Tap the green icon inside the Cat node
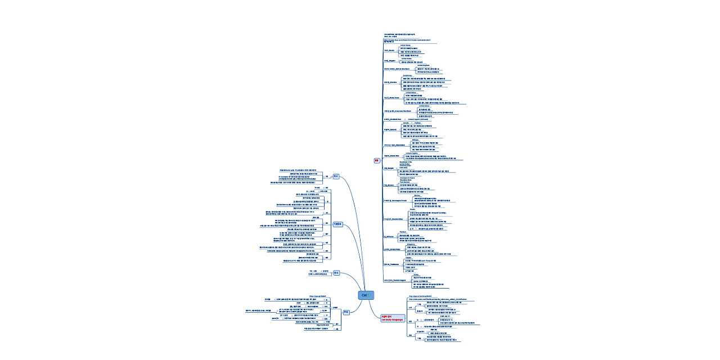(370, 295)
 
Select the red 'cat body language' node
(392, 318)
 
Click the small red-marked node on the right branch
(377, 160)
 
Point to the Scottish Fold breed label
(392, 119)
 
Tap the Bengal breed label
(389, 168)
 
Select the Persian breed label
(390, 82)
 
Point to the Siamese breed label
(389, 237)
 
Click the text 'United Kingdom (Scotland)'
(418, 119)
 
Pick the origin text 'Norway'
(417, 195)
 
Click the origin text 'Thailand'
(402, 231)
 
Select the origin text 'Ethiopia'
(416, 139)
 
